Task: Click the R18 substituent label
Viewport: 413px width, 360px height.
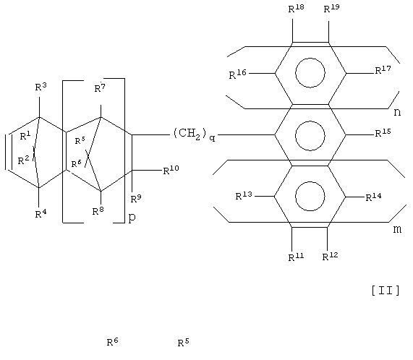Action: pyautogui.click(x=296, y=9)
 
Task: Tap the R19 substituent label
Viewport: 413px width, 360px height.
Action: pyautogui.click(x=331, y=9)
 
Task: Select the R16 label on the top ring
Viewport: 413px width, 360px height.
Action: pyautogui.click(x=237, y=74)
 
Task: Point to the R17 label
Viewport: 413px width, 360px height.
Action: pyautogui.click(x=383, y=70)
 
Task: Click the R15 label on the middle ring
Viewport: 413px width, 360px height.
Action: pyautogui.click(x=383, y=133)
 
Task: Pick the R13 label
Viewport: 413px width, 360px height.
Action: pyautogui.click(x=244, y=196)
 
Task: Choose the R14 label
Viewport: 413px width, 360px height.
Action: pyautogui.click(x=373, y=197)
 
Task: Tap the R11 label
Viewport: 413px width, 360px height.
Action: pyautogui.click(x=296, y=257)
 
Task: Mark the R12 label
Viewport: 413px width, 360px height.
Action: pyautogui.click(x=330, y=257)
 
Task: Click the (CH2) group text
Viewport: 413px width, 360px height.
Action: pyautogui.click(x=190, y=134)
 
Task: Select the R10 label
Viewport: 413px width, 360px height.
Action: pyautogui.click(x=171, y=171)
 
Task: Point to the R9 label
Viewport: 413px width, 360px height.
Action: pyautogui.click(x=136, y=199)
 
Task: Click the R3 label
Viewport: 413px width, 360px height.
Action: pyautogui.click(x=41, y=87)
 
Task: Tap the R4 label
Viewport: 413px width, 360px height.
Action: pyautogui.click(x=41, y=214)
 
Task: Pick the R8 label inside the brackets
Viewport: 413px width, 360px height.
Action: pyautogui.click(x=98, y=211)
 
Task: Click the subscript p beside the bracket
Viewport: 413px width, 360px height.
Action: pyautogui.click(x=132, y=218)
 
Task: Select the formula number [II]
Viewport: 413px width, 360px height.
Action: pyautogui.click(x=386, y=291)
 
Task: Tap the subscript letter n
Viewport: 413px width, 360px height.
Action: pyautogui.click(x=397, y=112)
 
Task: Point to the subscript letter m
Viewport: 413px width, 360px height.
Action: pyautogui.click(x=398, y=229)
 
